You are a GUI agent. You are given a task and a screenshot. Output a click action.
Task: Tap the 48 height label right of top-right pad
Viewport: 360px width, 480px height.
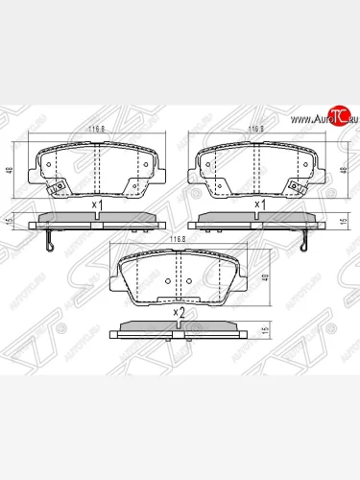(344, 172)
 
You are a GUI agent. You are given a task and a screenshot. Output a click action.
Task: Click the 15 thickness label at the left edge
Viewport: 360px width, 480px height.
(12, 220)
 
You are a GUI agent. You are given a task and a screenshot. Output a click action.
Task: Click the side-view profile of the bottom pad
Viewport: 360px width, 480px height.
(178, 331)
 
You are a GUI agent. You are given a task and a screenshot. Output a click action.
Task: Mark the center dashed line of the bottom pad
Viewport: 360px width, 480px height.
(178, 278)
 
